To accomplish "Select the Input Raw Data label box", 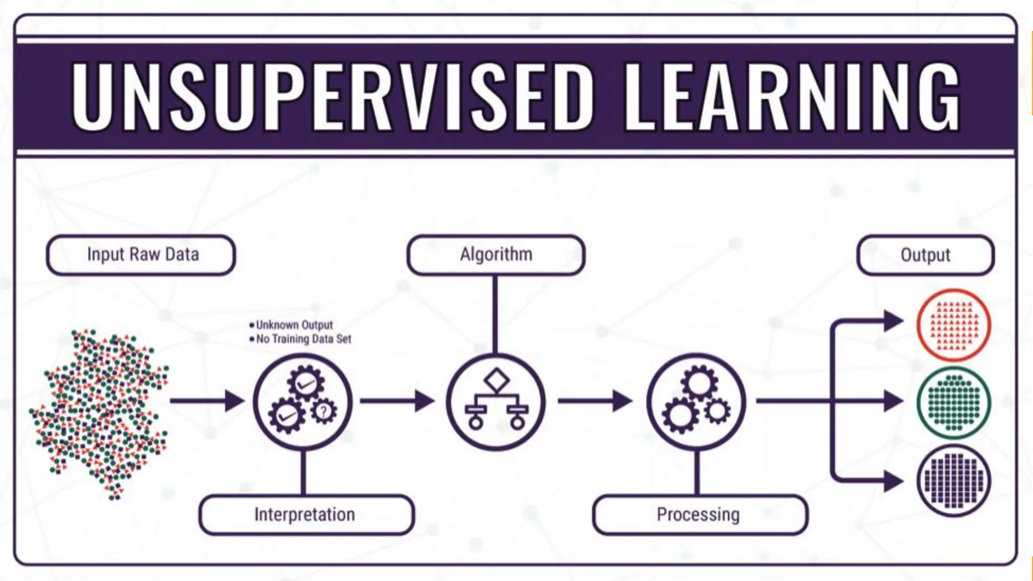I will [x=141, y=255].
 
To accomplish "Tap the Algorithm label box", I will [x=496, y=255].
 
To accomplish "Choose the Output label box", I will [x=926, y=255].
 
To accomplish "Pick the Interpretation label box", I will [x=305, y=514].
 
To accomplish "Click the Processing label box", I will [x=699, y=514].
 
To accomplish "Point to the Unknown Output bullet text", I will [x=294, y=325].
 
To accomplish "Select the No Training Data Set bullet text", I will [x=303, y=339].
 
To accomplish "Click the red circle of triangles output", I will [x=953, y=325].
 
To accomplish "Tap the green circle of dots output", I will [x=953, y=402].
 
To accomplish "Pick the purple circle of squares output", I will [x=953, y=481].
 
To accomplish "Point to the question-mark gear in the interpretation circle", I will [x=323, y=411].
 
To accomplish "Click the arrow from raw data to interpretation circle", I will [x=207, y=401].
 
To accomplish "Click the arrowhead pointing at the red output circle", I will [x=893, y=321].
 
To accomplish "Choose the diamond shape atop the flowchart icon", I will [x=496, y=380].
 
